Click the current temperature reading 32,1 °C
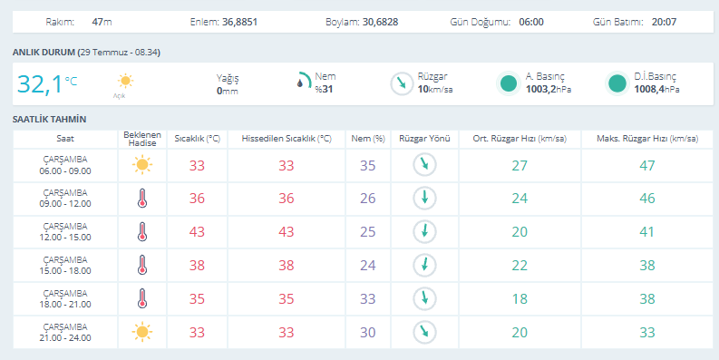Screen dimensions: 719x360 [x=47, y=84]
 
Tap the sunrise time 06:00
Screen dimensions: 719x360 [x=531, y=22]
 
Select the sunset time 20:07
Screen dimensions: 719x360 [x=664, y=22]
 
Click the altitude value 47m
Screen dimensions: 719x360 [x=102, y=22]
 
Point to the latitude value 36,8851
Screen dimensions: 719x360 [x=240, y=22]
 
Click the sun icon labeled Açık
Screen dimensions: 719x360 [x=125, y=82]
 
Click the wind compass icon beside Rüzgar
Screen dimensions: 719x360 [x=402, y=84]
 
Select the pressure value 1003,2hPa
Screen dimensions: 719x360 [x=549, y=90]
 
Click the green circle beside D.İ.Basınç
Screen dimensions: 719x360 [x=617, y=84]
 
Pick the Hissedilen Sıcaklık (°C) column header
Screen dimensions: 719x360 [x=287, y=139]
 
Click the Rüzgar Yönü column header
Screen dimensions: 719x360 [x=424, y=139]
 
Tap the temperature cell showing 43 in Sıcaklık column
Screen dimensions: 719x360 [x=197, y=231]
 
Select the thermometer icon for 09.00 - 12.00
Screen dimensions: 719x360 [x=142, y=198]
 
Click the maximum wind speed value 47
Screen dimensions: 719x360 [x=647, y=165]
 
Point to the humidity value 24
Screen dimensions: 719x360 [x=368, y=265]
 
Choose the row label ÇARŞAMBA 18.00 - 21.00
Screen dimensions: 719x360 [x=65, y=298]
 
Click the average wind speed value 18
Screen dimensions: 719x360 [x=520, y=298]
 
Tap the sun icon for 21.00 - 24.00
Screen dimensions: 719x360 [x=142, y=332]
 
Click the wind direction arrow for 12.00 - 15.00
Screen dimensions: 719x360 [x=424, y=231]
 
